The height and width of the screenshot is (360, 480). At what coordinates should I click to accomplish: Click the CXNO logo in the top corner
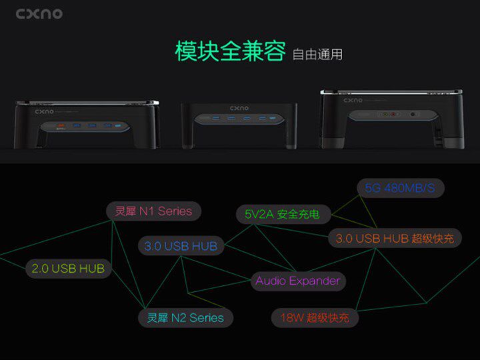coord(39,13)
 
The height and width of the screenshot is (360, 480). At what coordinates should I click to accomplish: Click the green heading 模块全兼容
coord(230,51)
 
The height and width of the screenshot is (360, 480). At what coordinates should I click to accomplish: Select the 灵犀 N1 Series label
coord(153,211)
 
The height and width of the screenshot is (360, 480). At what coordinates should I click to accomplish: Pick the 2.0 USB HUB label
coord(68,269)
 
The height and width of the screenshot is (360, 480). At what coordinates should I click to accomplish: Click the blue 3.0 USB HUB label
coord(181,246)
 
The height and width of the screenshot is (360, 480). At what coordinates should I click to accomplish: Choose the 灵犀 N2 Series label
coord(185,317)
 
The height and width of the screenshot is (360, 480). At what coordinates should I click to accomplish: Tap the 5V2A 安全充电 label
coord(282,215)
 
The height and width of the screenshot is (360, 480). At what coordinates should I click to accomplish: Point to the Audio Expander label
coord(297,281)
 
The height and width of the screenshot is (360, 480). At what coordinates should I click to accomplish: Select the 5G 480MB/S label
coord(400,188)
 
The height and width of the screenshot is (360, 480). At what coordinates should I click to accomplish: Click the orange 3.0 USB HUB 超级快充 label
coord(395,238)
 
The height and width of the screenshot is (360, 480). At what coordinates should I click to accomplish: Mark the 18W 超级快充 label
coord(314,318)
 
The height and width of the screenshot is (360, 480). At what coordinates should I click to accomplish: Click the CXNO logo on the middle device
coord(239,107)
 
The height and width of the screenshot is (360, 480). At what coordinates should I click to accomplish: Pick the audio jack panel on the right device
coord(391,114)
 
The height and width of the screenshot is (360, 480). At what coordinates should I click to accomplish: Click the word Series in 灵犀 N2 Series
coord(207,317)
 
